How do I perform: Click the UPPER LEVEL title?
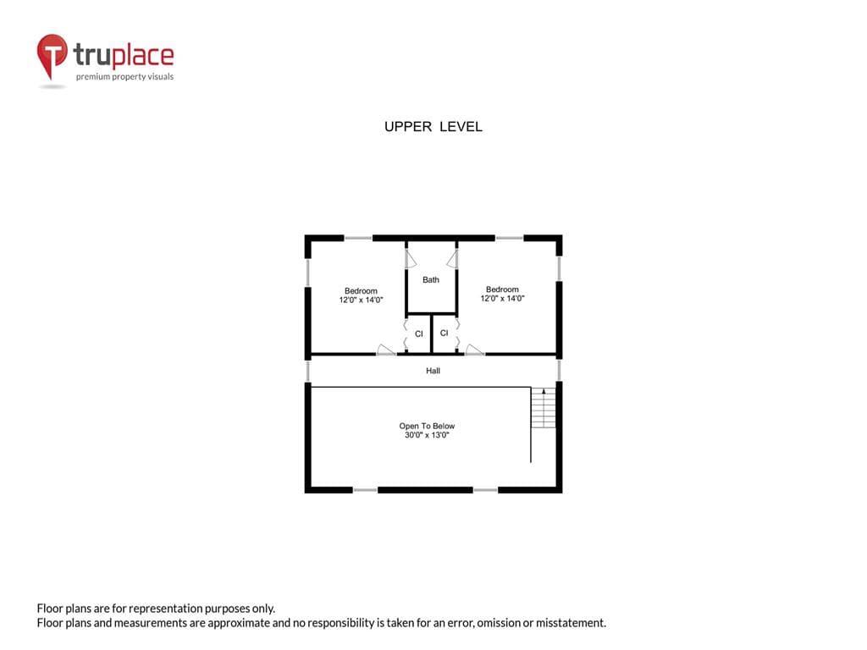tap(433, 127)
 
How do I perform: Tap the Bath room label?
tap(431, 279)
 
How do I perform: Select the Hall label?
tap(433, 371)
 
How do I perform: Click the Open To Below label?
tap(427, 426)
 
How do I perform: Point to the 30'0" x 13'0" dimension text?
tap(427, 435)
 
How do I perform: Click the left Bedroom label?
tap(361, 291)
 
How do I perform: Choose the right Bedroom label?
tap(502, 289)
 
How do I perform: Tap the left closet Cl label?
tap(418, 333)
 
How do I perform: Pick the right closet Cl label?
tap(444, 333)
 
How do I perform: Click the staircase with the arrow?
tap(544, 408)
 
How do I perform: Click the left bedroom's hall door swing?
tap(385, 350)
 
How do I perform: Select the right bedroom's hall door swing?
tap(474, 350)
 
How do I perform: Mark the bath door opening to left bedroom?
tap(410, 259)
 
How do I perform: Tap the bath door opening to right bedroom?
tap(453, 259)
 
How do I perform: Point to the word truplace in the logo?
tap(124, 55)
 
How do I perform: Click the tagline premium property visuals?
tap(125, 76)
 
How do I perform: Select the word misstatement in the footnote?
tap(571, 623)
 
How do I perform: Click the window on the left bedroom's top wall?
tap(358, 238)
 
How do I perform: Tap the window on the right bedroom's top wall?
tap(509, 238)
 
